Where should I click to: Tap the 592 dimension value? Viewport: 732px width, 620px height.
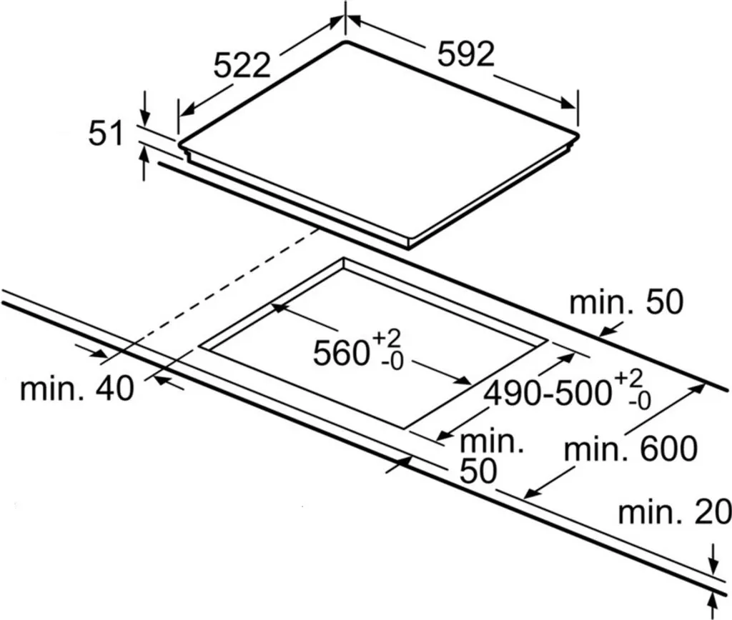(x=466, y=55)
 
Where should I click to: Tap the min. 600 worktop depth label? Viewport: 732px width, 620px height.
(x=630, y=450)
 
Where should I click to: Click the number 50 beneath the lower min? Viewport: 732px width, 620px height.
(x=478, y=472)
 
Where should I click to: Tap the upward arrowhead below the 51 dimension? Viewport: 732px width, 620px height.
(x=145, y=151)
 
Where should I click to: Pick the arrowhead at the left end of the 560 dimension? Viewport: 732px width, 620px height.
(x=276, y=308)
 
